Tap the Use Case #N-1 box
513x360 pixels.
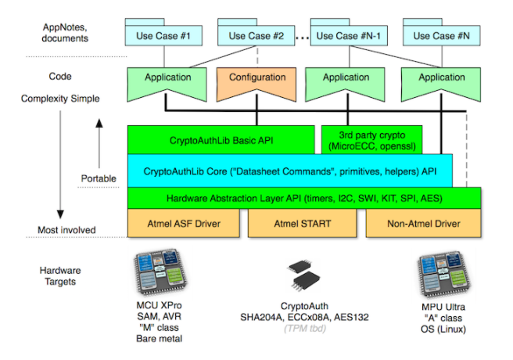click(x=346, y=36)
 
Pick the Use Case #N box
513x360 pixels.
click(x=436, y=36)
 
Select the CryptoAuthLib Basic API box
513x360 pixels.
click(x=221, y=141)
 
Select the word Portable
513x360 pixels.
click(x=98, y=178)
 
